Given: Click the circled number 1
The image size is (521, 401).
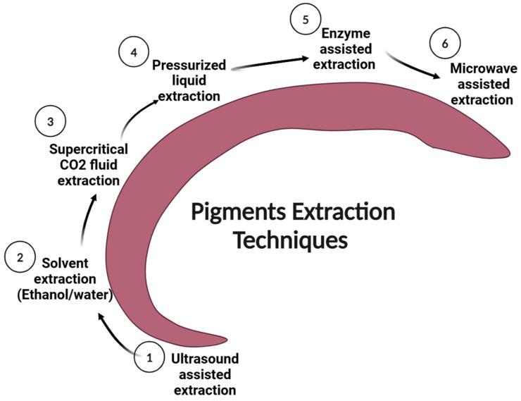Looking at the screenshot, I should [x=149, y=357].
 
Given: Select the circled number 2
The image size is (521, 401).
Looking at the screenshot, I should [x=20, y=258].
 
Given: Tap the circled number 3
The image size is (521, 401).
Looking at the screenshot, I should [x=50, y=122].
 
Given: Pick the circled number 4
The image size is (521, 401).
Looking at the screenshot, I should [x=133, y=52].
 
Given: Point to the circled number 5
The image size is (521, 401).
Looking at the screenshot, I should [x=306, y=19].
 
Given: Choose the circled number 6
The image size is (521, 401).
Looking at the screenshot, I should [x=444, y=44].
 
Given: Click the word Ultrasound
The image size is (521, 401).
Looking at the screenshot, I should [x=204, y=358].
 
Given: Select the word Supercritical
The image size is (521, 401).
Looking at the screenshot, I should [x=89, y=149].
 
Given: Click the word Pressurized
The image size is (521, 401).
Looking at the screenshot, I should [x=189, y=66].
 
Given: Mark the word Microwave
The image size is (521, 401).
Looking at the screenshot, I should [x=483, y=69].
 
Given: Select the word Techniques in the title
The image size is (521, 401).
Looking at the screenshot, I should [x=290, y=240].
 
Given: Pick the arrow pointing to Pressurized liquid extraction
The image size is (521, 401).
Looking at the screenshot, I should [x=137, y=114].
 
